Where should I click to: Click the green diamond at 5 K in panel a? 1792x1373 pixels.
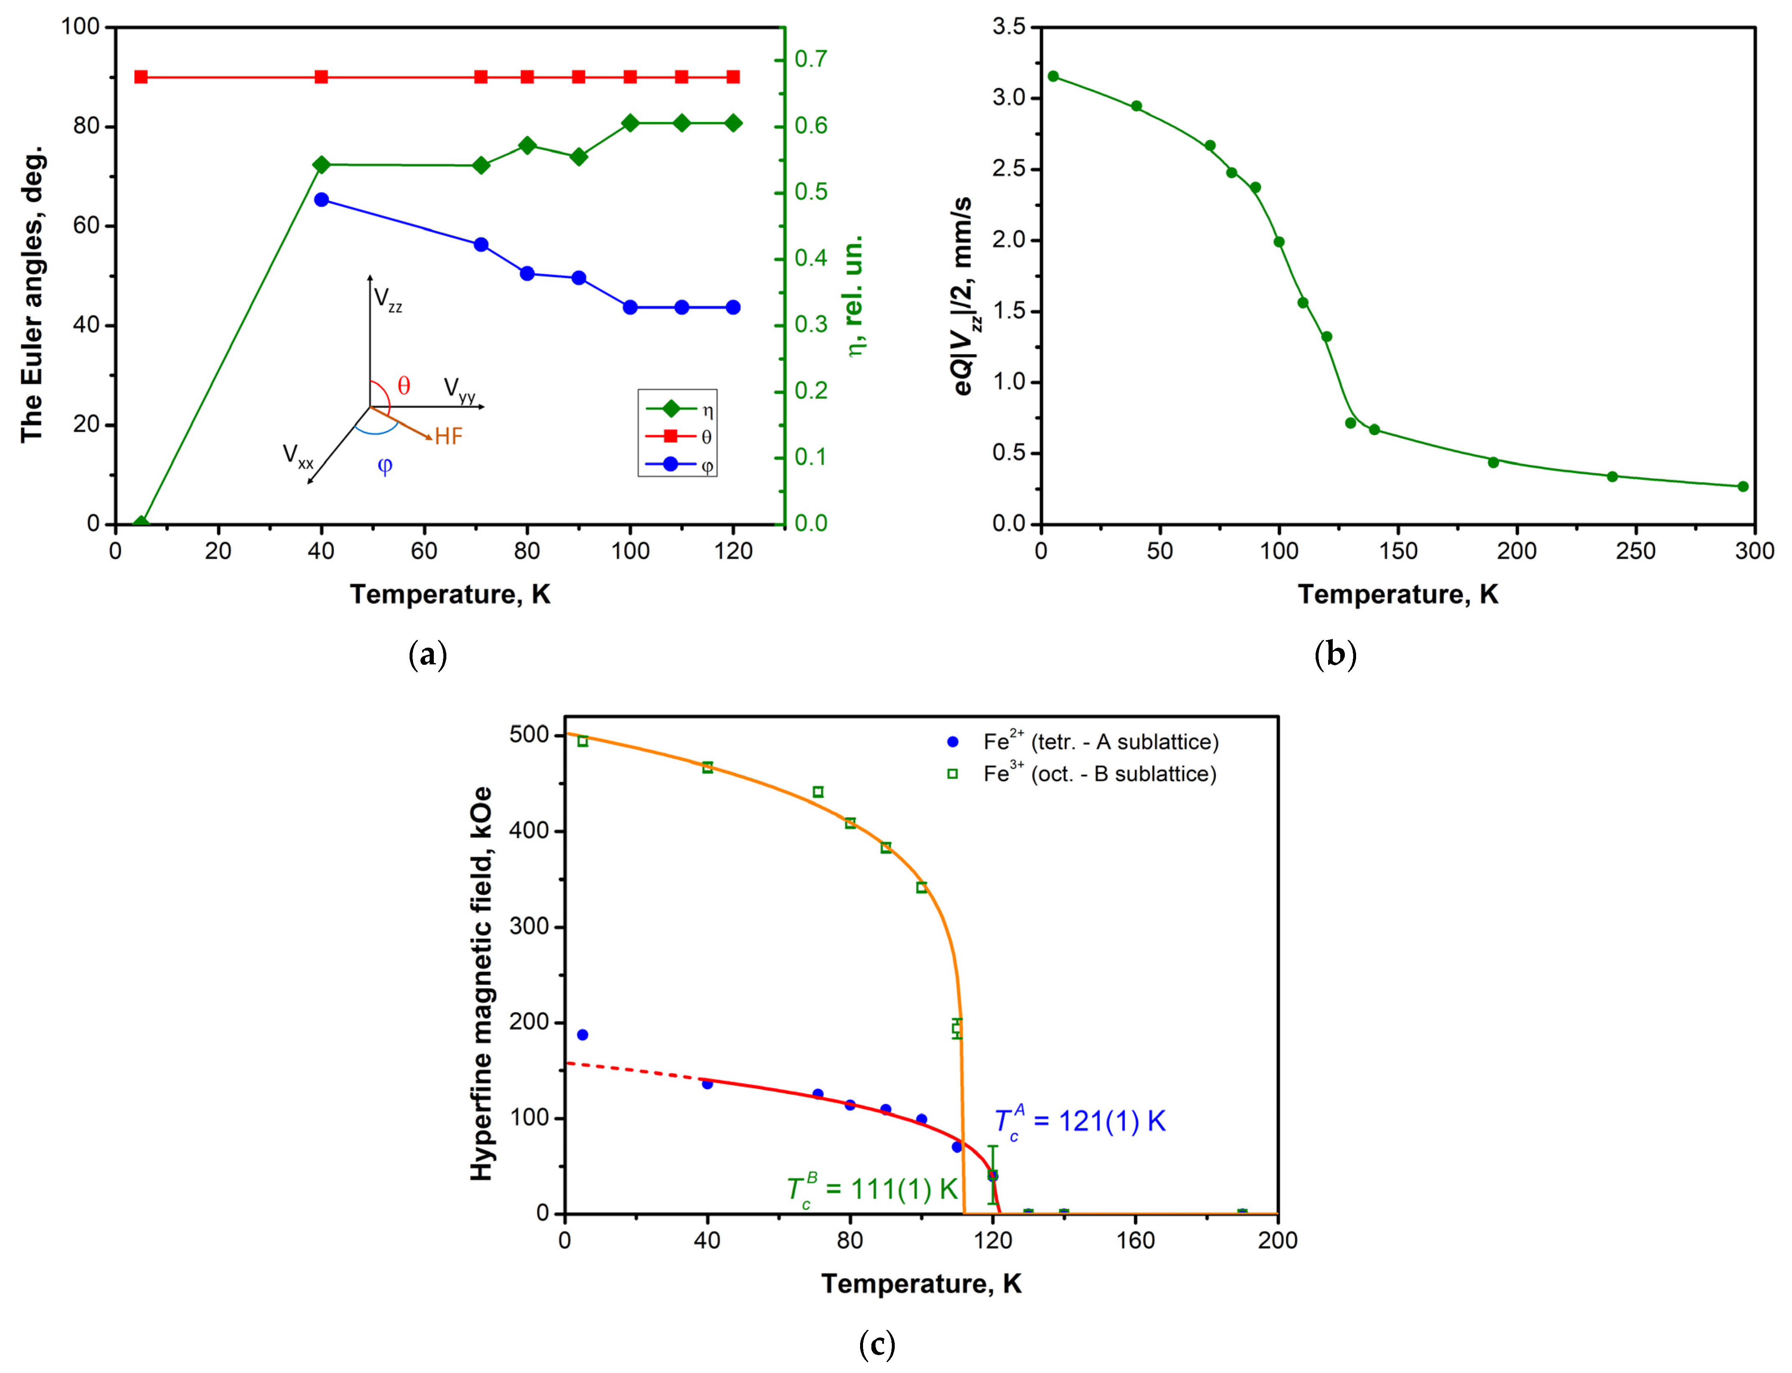[x=142, y=523]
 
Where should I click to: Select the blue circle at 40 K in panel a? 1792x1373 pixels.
[x=321, y=200]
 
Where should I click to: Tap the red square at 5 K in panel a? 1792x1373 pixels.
[x=142, y=77]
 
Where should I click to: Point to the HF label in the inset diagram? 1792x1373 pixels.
[x=448, y=436]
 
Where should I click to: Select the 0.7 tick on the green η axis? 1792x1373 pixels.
[x=810, y=59]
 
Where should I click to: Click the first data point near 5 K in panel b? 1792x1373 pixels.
[x=1053, y=76]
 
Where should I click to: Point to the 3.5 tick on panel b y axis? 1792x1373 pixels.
[x=1008, y=27]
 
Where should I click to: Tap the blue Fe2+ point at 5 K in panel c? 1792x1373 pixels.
[x=582, y=1035]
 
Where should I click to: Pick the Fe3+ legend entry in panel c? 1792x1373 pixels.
[x=1099, y=773]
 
